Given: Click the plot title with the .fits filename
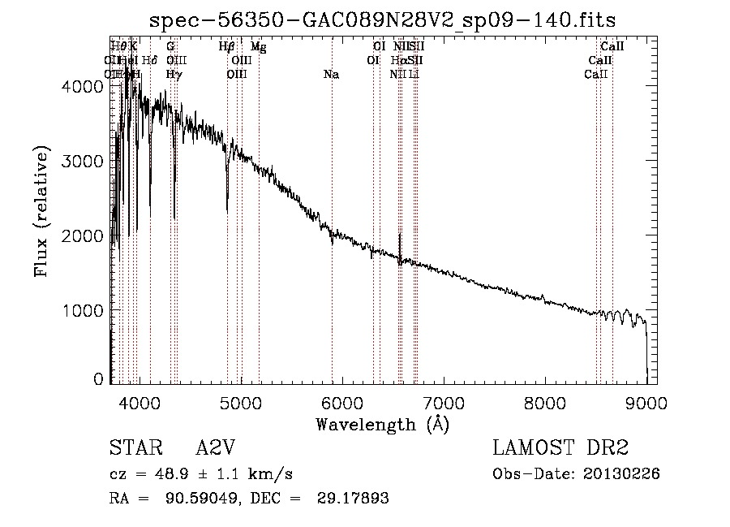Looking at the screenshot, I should tap(383, 20).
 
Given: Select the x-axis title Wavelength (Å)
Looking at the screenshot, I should tap(382, 424).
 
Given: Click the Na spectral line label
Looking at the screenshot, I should tap(331, 75).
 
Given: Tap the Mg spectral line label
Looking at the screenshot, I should tap(259, 47).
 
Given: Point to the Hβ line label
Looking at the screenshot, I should tap(227, 47).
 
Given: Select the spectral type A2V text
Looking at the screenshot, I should tap(216, 448).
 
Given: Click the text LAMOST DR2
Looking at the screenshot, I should tap(560, 448).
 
